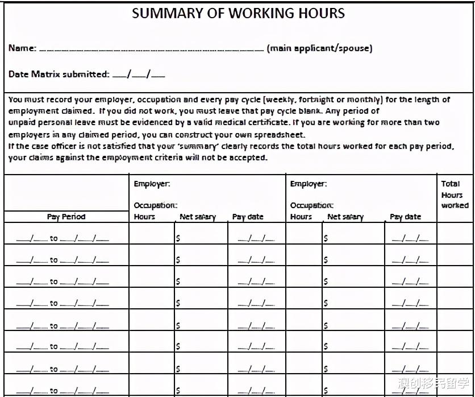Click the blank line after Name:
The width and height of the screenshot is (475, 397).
[x=151, y=49]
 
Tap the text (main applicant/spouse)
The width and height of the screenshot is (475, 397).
[x=319, y=48]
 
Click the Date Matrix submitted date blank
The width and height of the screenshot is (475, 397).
[x=139, y=75]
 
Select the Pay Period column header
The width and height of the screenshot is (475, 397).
[x=66, y=216]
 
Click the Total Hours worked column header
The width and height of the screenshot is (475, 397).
[x=455, y=194]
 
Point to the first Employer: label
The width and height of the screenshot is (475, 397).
[x=152, y=184]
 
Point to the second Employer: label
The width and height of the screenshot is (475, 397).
[x=308, y=184]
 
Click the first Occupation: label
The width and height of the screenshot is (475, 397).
[x=155, y=205]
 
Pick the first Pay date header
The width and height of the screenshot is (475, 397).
[x=248, y=217]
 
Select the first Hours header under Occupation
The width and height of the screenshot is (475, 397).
[x=144, y=217]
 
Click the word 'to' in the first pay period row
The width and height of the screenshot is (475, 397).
[x=53, y=238]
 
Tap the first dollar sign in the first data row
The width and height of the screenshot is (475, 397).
[x=178, y=238]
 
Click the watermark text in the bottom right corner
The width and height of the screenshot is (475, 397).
[x=434, y=383]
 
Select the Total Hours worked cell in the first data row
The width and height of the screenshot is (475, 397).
[x=455, y=234]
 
